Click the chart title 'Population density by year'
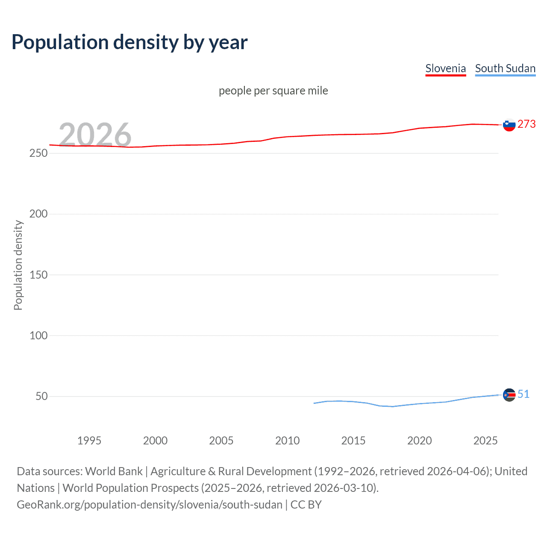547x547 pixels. click(129, 42)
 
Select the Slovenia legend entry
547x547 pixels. click(445, 69)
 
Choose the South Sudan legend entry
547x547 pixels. click(505, 69)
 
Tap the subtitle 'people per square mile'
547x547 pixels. click(273, 91)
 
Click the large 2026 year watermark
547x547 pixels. click(95, 134)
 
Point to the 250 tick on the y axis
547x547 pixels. click(38, 153)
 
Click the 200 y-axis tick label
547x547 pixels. click(38, 214)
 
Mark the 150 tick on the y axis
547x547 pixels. click(38, 275)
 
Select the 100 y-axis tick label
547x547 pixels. click(38, 335)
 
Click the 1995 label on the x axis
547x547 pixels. click(89, 441)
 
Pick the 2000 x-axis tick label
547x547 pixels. click(155, 441)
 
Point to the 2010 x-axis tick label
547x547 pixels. click(287, 441)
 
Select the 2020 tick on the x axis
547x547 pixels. click(419, 441)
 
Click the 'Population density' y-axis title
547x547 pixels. click(18, 265)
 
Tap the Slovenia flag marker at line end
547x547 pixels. click(509, 125)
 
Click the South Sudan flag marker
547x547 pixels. click(509, 395)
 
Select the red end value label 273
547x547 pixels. click(526, 124)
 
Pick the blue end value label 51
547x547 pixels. click(523, 394)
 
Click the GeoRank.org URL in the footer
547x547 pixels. click(150, 505)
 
